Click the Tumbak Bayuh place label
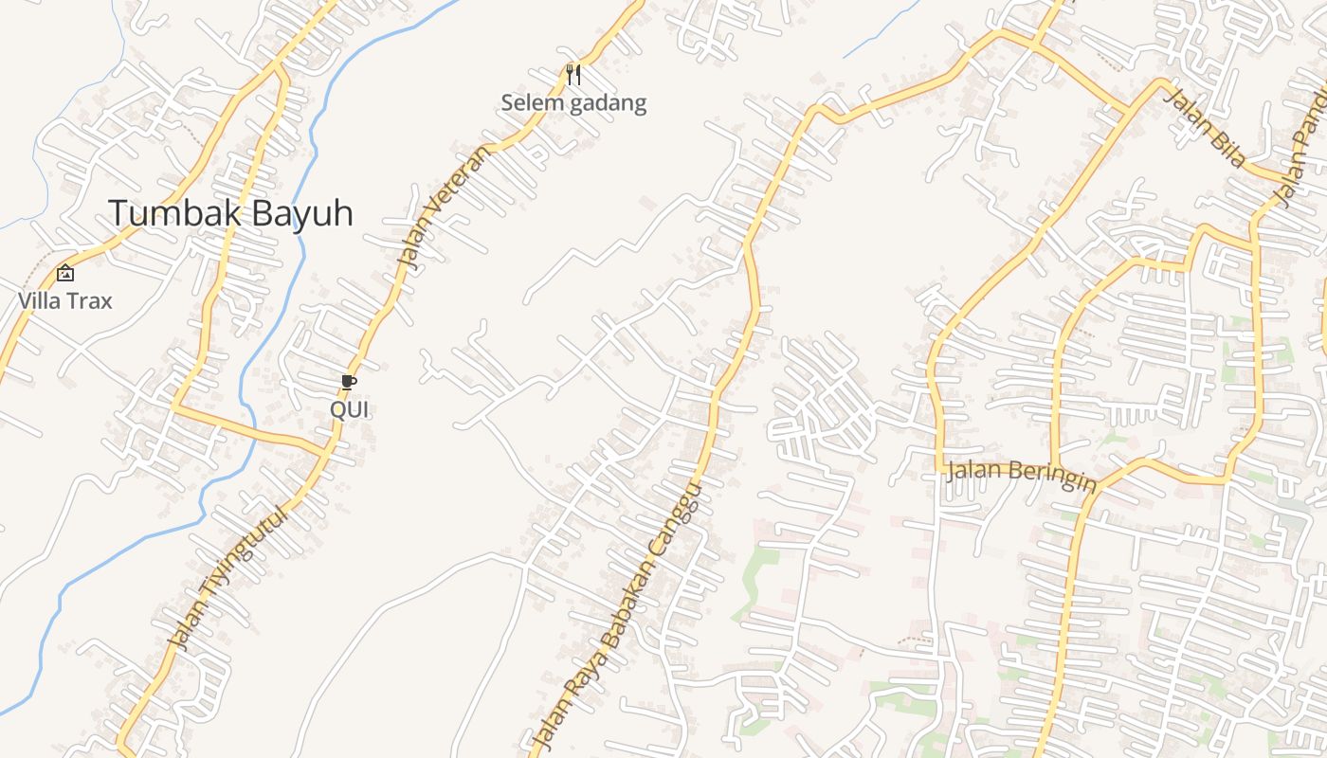click(230, 213)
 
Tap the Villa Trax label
click(65, 301)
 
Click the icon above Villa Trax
click(65, 273)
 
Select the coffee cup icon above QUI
click(348, 382)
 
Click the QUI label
click(349, 409)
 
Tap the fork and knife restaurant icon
click(573, 74)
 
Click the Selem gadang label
click(573, 103)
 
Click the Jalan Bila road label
click(1203, 128)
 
